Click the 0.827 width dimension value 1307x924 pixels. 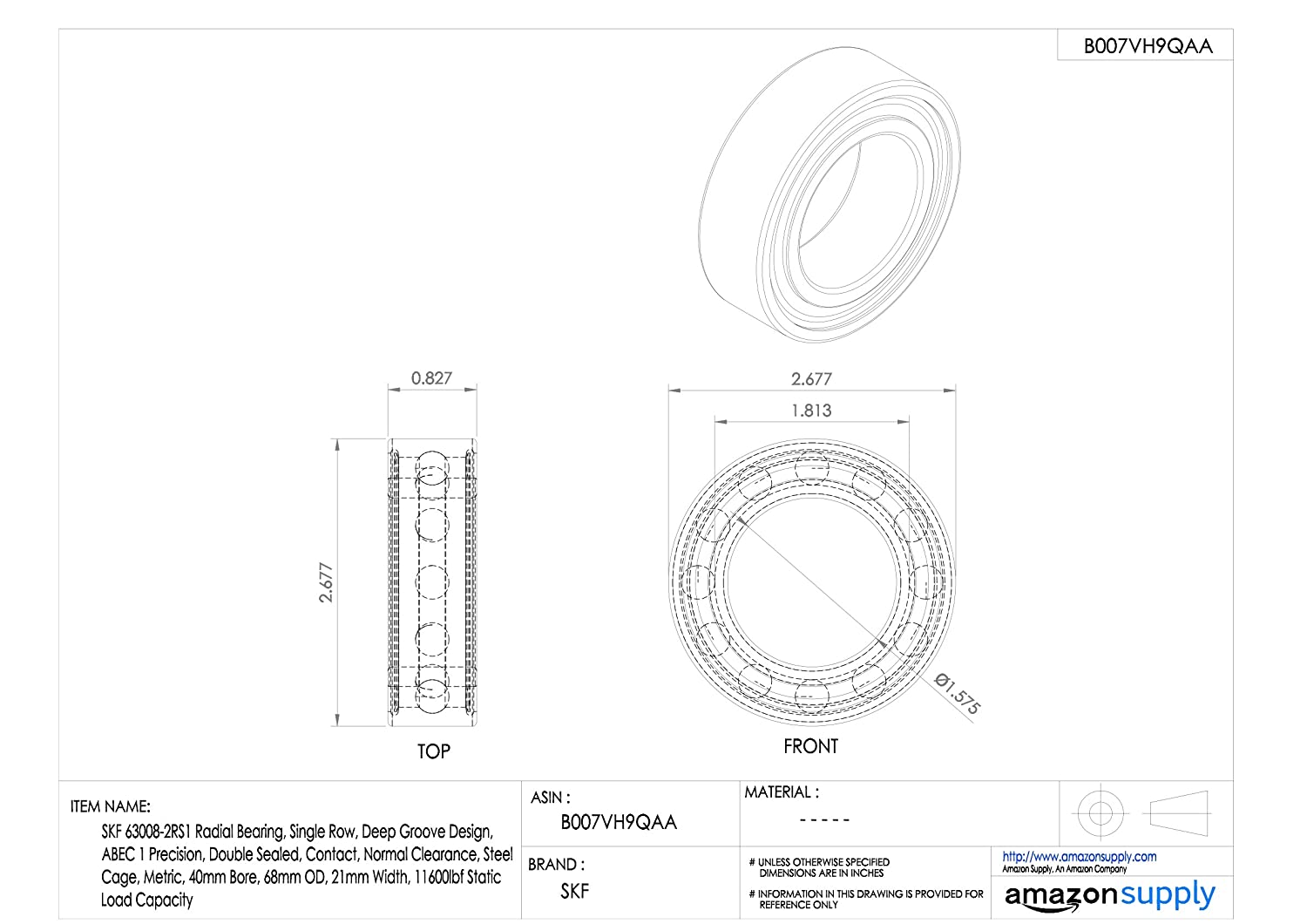coord(431,378)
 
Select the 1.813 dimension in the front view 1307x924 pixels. coord(811,411)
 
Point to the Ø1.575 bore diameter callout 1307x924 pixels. coord(957,694)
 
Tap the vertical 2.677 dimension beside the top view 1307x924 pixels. coord(326,582)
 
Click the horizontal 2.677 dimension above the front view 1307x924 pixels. coord(811,379)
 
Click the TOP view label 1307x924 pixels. coord(434,751)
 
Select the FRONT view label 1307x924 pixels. coord(810,746)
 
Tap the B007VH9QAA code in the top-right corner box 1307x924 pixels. coord(1148,46)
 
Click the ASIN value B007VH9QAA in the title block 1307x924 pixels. coord(619,822)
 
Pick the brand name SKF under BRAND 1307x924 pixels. coord(575,891)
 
